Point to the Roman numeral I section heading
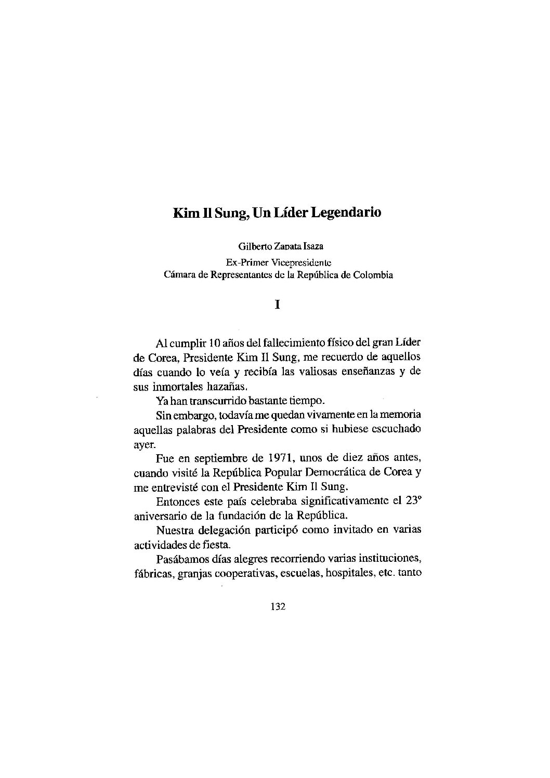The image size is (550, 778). tap(277, 305)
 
